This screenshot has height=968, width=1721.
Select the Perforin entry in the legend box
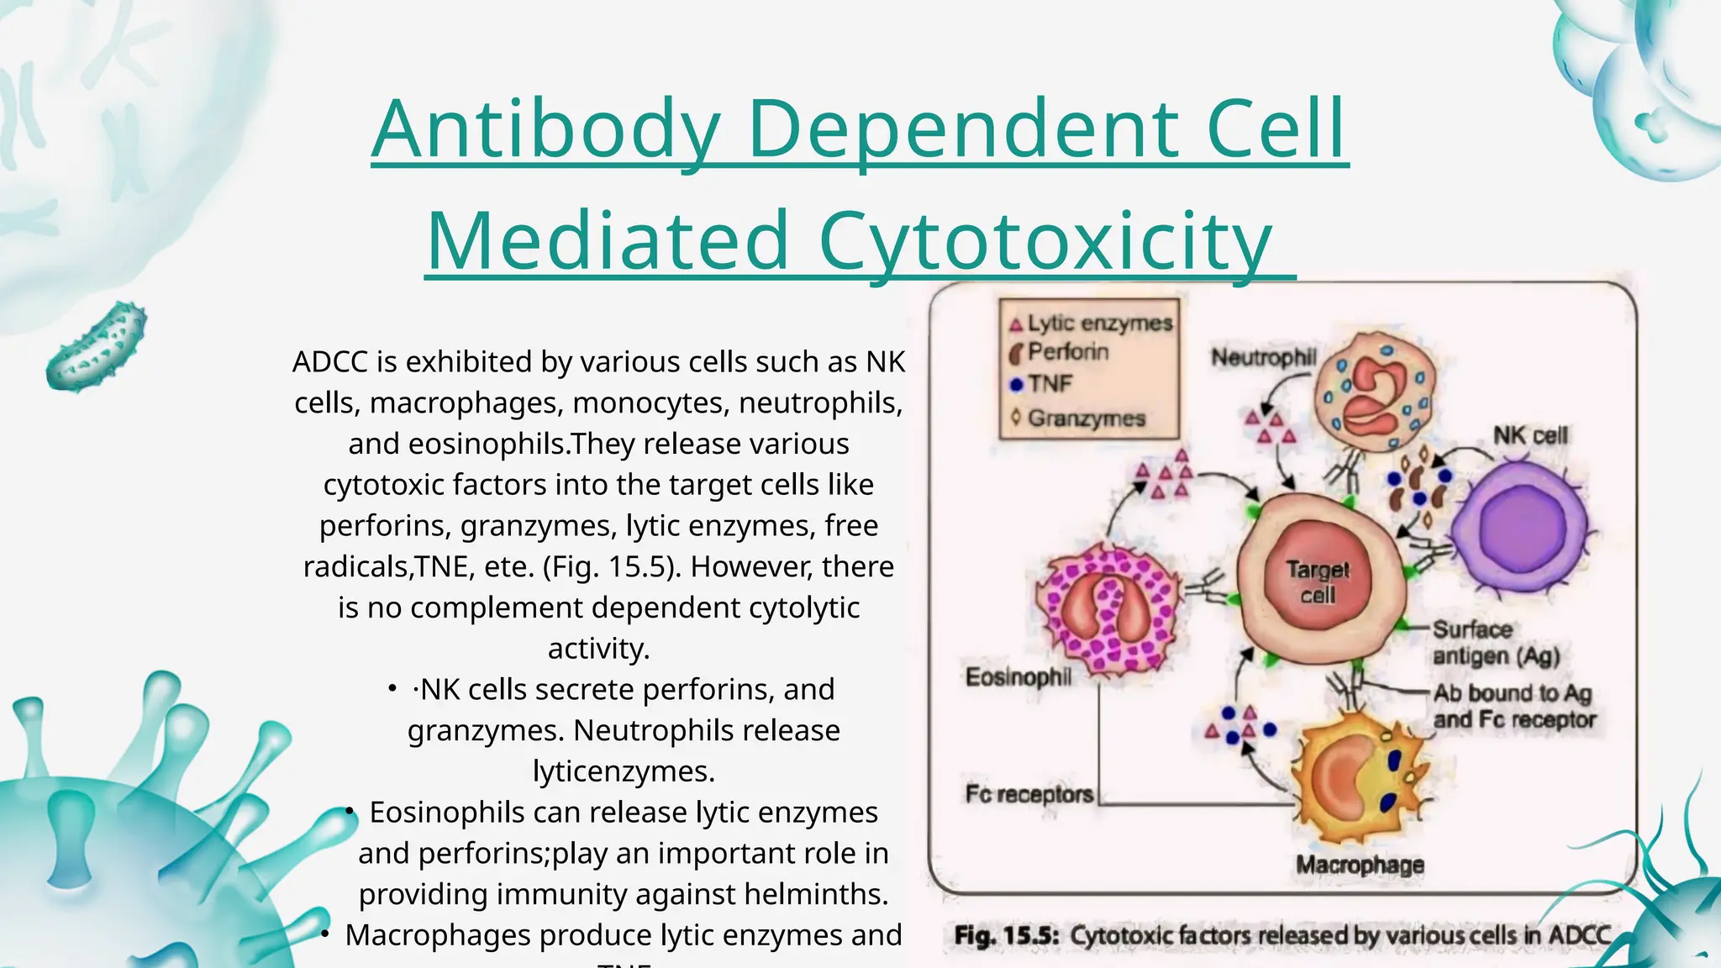point(1067,352)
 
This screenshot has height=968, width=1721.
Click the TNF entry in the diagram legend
point(1050,384)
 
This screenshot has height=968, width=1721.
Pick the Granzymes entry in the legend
point(1086,418)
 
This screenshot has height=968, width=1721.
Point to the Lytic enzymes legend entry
point(1099,323)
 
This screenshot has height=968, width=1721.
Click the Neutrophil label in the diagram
point(1263,358)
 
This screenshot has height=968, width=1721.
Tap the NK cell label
point(1530,435)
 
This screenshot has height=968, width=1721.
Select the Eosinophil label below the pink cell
point(1018,676)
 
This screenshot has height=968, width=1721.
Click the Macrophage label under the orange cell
point(1360,865)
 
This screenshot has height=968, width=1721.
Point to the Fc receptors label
point(1029,794)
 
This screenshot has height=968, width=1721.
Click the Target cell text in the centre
point(1318,582)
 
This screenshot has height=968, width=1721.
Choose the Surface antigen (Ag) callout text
point(1496,643)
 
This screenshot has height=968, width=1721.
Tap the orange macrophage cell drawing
point(1357,774)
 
